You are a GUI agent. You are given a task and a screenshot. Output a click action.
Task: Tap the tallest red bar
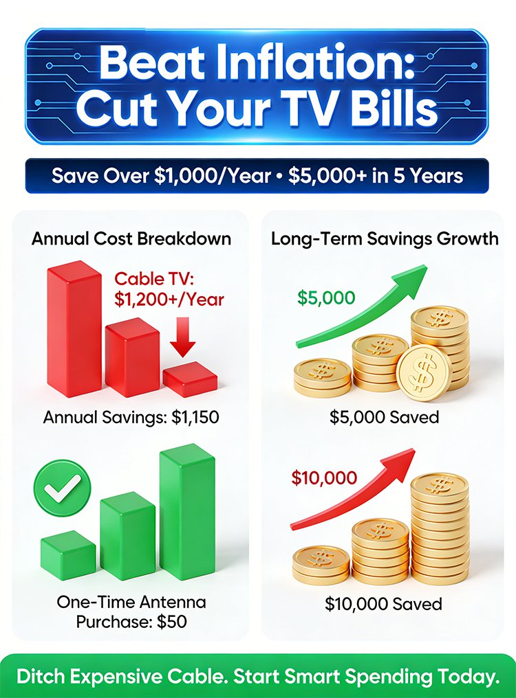(x=74, y=328)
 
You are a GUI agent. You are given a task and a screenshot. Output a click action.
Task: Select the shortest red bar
(x=190, y=379)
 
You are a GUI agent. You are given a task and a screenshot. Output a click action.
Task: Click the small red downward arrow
(x=182, y=337)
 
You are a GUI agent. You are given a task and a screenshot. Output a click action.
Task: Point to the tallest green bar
(x=187, y=512)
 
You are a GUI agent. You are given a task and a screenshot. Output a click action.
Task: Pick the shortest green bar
(x=68, y=555)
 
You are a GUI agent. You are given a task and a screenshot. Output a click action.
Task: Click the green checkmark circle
(x=62, y=488)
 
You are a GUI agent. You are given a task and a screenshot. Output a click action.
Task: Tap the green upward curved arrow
(x=362, y=306)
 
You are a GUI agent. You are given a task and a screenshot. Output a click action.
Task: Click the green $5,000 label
(x=326, y=297)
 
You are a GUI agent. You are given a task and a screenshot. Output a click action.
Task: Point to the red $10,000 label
(x=324, y=477)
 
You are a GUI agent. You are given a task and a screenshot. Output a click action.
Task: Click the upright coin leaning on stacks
(x=424, y=372)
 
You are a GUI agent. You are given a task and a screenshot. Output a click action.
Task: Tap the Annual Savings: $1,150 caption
(x=131, y=417)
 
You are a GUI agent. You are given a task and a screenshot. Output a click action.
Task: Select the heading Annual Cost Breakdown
(x=131, y=238)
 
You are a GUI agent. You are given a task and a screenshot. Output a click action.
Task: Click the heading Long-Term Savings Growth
(x=385, y=238)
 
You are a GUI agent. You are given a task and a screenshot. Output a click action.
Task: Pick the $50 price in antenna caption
(x=172, y=622)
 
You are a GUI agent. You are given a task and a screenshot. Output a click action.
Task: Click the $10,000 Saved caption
(x=383, y=604)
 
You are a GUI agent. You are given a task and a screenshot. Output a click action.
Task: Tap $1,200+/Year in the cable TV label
(x=169, y=299)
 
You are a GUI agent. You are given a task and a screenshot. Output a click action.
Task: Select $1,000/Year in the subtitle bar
(x=213, y=176)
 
